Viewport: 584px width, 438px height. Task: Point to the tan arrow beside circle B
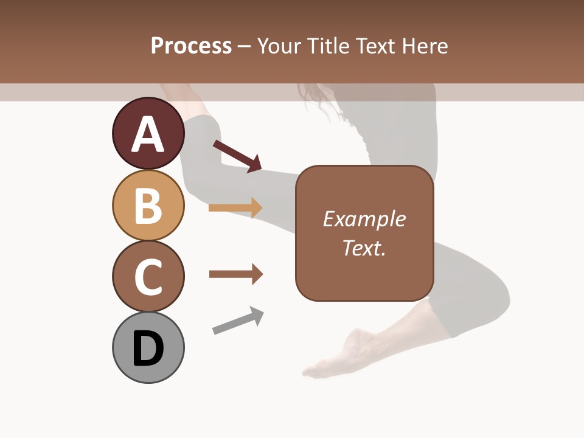(235, 208)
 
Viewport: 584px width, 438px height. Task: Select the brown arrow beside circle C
(235, 274)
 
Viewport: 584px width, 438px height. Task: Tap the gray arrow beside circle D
(238, 321)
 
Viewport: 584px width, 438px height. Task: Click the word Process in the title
(191, 46)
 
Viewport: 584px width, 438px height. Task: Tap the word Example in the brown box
(364, 219)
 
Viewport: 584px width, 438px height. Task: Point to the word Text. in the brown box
(364, 248)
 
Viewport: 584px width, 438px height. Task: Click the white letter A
(148, 134)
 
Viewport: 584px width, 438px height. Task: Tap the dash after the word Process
(245, 46)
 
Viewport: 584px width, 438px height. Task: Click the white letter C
(148, 277)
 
